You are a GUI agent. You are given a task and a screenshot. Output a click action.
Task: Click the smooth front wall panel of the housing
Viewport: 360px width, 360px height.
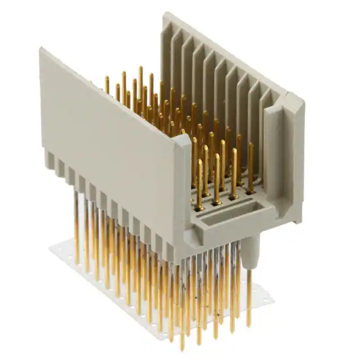click(112, 141)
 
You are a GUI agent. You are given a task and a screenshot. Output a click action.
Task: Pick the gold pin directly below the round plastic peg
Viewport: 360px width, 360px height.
click(249, 304)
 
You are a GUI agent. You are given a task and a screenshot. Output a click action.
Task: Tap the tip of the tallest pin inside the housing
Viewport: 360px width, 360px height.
click(141, 69)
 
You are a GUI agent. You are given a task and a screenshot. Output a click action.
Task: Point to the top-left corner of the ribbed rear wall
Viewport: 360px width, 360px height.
click(165, 16)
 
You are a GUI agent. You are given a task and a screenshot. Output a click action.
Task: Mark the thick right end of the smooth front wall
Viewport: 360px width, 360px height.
click(183, 191)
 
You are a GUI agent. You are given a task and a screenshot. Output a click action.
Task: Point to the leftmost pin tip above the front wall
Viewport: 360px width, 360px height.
click(107, 79)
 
